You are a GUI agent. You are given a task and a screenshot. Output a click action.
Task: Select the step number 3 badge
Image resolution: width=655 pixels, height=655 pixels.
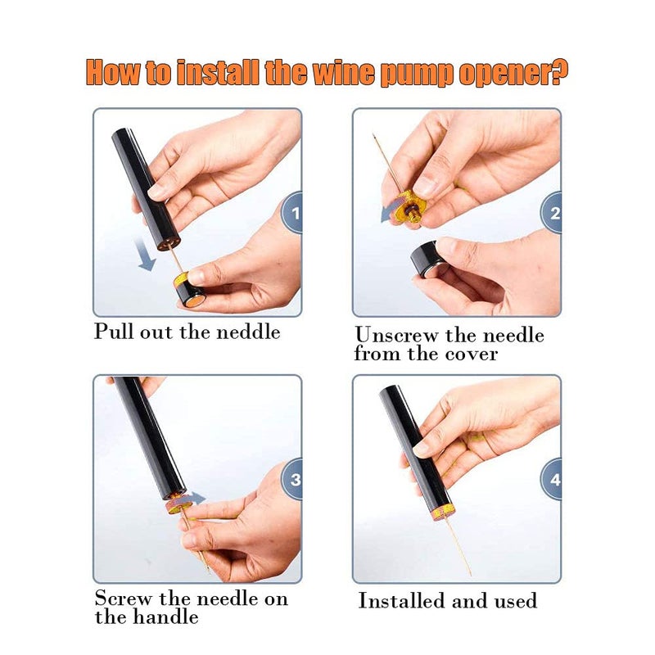tap(293, 480)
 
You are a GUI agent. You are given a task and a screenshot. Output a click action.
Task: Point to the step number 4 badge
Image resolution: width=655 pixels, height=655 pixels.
tap(553, 479)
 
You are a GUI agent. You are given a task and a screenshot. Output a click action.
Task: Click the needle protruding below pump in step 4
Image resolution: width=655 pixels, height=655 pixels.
tap(455, 544)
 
